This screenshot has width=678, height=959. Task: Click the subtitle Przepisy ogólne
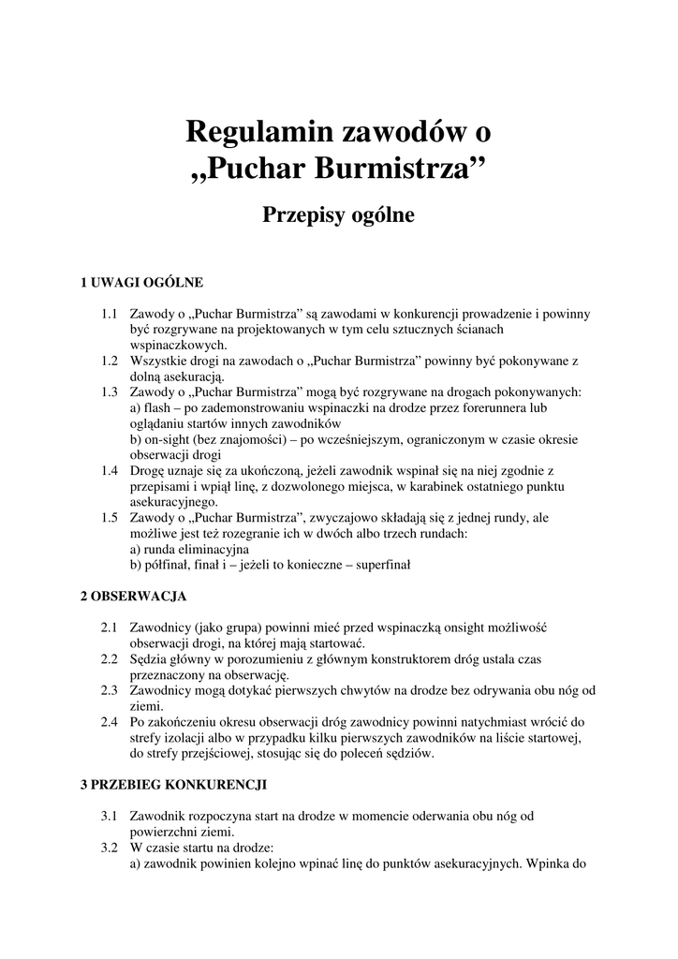(338, 215)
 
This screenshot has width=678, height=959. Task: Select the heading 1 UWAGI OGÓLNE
(141, 282)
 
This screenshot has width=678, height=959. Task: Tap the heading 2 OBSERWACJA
(134, 596)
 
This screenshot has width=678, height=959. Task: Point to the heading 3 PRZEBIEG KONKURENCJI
(174, 783)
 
